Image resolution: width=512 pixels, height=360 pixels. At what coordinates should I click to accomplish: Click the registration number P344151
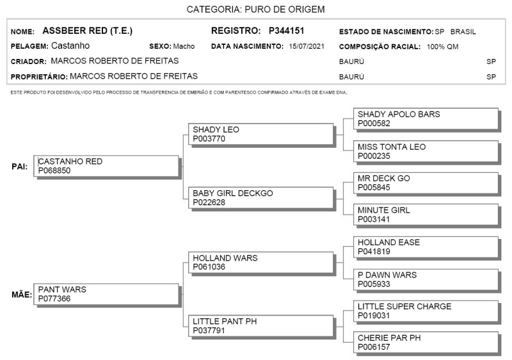pos(286,31)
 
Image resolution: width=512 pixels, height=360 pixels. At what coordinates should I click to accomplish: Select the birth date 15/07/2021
pos(307,46)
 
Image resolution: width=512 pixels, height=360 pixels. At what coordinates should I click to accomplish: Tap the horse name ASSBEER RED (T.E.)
pos(88,31)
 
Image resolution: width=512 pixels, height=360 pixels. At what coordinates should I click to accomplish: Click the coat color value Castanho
pos(70,45)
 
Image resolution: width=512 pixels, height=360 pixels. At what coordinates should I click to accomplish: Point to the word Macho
pos(184,46)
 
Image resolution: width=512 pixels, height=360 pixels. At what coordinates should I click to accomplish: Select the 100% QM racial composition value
pos(442,47)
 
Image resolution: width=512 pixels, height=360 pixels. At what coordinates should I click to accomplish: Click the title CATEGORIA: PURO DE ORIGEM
pos(255,10)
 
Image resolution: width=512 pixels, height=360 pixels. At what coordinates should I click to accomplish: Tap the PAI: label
pos(20,167)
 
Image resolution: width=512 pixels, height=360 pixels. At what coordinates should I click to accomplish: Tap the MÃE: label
pos(22,295)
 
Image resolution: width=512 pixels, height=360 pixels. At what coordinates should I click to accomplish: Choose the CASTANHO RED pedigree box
pos(106,166)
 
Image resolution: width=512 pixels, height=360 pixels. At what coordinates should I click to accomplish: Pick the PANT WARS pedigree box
pos(106,294)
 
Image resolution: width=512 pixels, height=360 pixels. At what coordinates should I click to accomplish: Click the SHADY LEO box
pos(261,134)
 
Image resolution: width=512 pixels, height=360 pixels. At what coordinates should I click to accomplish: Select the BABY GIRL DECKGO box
pos(261,198)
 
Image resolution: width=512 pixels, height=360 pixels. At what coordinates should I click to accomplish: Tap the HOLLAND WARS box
pos(261,263)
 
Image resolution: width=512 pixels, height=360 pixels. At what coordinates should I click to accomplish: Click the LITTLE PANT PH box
pos(261,325)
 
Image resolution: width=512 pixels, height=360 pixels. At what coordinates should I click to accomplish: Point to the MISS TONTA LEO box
pos(426,151)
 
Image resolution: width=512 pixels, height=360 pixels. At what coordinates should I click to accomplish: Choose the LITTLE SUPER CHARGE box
pos(426,311)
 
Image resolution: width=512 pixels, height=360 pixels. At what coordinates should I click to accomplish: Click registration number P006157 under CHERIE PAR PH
pos(374,347)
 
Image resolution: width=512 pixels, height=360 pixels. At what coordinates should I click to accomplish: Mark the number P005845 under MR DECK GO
pos(374,188)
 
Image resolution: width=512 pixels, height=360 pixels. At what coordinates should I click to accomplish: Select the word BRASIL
pos(463,31)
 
